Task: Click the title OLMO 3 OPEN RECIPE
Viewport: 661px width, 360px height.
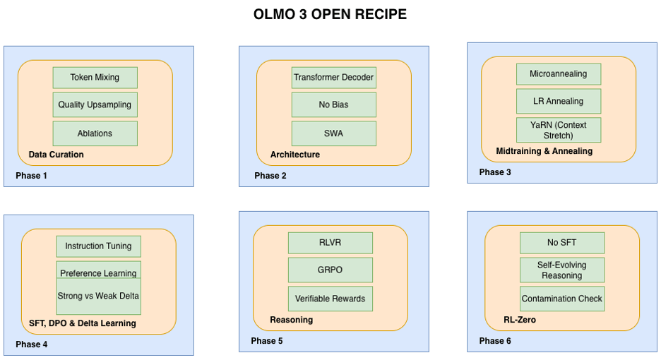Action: point(330,14)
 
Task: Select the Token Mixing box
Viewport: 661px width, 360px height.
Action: point(95,77)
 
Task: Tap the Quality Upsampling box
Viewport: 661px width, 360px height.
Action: point(95,104)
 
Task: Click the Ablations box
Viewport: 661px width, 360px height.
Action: point(95,133)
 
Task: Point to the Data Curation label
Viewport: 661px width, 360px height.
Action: point(56,154)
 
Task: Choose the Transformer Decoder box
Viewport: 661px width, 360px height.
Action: point(333,77)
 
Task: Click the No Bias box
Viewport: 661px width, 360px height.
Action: point(333,104)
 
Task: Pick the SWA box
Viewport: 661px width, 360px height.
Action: point(333,133)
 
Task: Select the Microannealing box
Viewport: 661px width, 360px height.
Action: point(558,73)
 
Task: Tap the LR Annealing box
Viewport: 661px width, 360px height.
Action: point(558,101)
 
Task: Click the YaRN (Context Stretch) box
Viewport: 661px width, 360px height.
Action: point(558,130)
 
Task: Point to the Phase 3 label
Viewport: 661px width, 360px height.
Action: point(495,172)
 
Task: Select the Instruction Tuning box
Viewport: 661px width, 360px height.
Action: point(98,246)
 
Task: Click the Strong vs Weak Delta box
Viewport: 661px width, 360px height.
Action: point(98,296)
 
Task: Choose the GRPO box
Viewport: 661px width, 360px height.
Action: point(330,270)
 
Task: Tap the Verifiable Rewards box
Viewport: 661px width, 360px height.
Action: point(330,299)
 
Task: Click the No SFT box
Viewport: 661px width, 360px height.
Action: point(561,242)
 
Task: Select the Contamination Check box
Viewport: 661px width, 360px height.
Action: point(561,299)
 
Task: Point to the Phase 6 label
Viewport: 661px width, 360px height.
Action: point(495,341)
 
